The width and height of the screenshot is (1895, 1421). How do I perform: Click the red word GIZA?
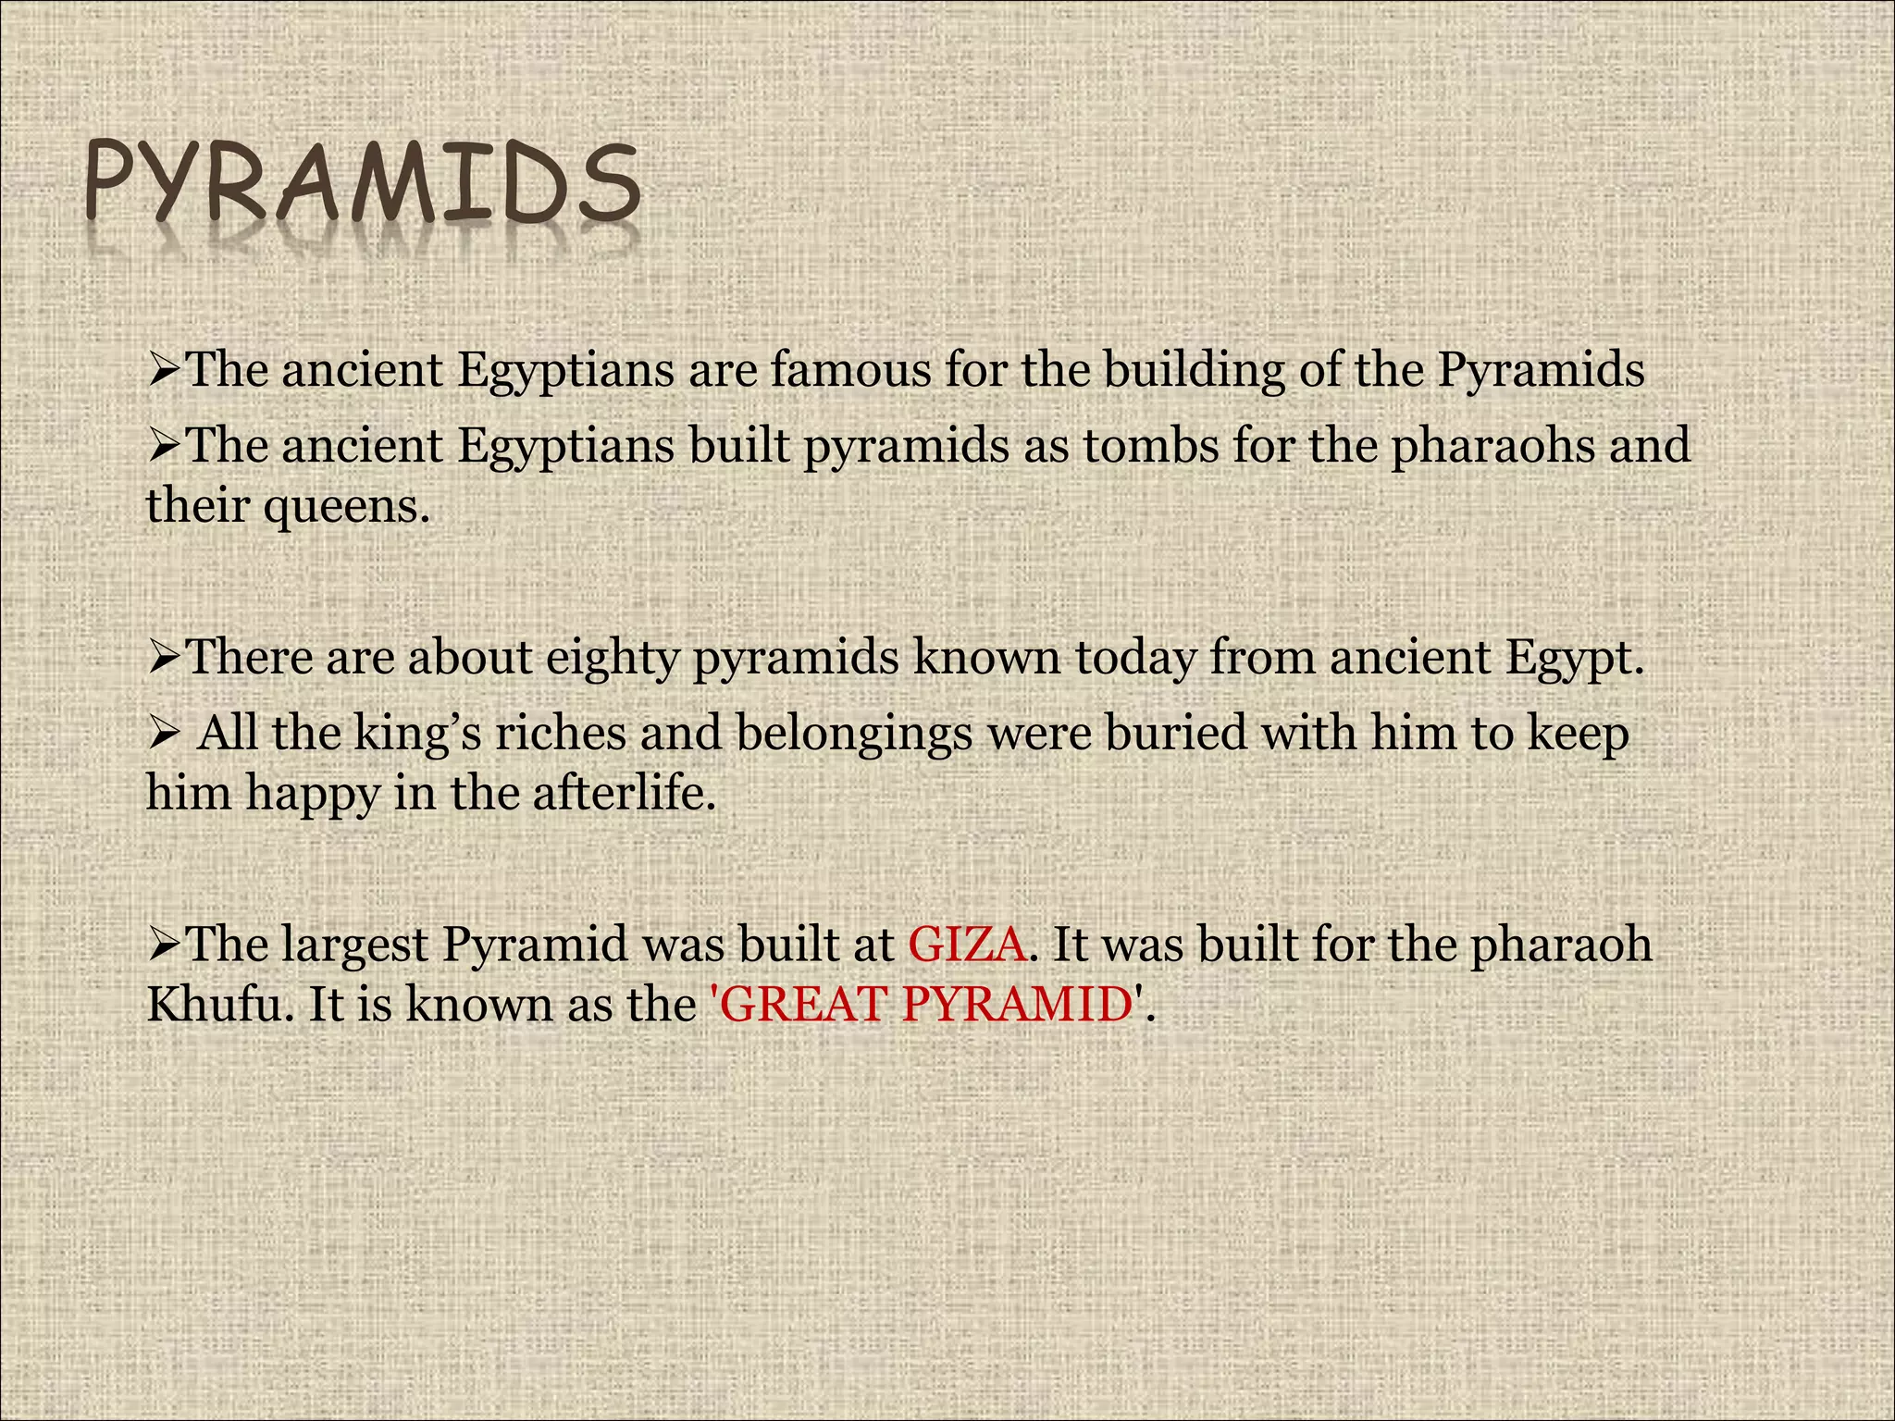(967, 945)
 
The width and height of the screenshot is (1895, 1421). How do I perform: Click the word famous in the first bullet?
(851, 370)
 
